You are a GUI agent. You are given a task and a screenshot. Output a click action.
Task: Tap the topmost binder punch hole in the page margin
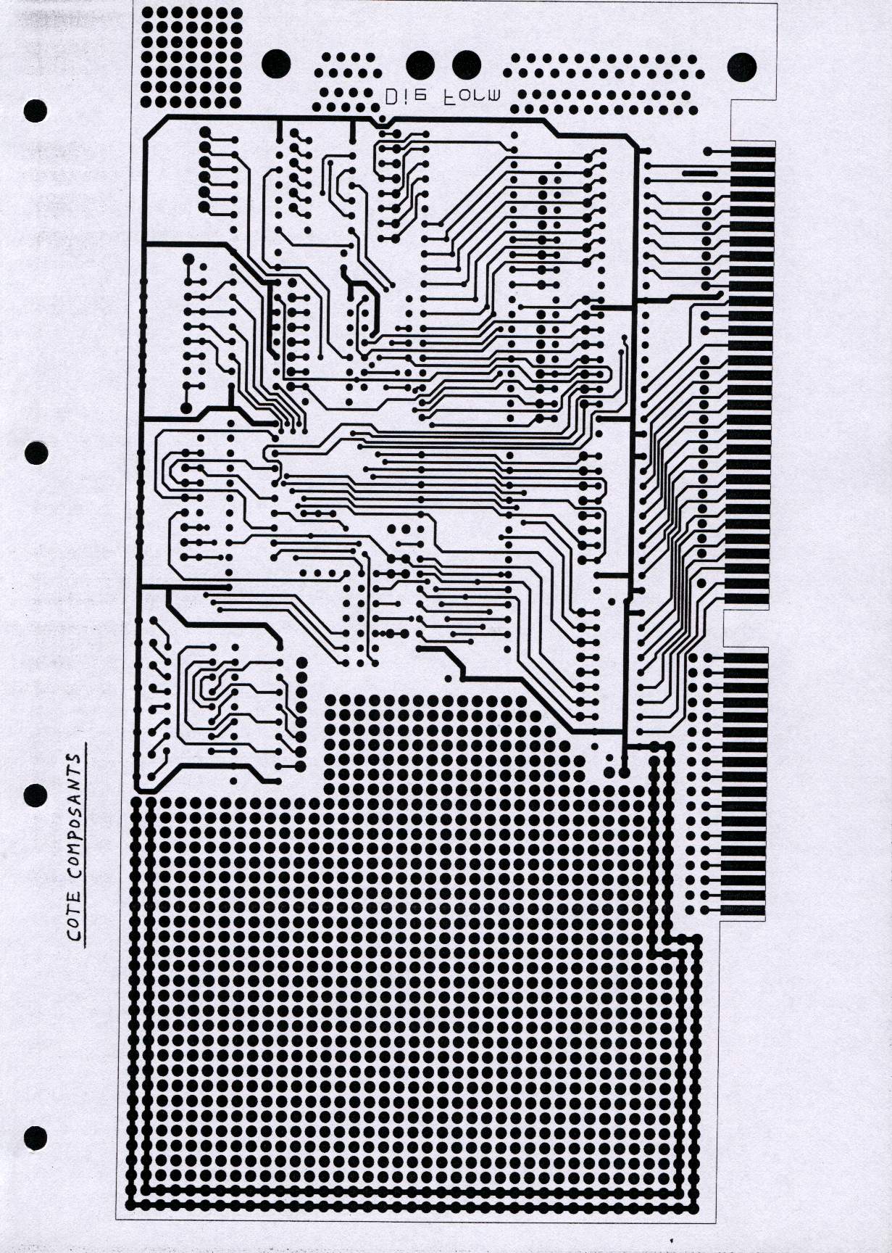tap(36, 110)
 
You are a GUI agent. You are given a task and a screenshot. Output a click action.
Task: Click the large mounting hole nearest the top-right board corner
tap(741, 67)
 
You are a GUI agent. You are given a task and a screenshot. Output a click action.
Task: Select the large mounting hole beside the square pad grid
tap(275, 65)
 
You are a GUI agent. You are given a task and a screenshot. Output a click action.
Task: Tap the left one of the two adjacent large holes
tap(421, 65)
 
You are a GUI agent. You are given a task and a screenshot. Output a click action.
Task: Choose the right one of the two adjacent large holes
tap(466, 65)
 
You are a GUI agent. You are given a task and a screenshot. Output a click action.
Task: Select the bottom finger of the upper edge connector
tap(746, 600)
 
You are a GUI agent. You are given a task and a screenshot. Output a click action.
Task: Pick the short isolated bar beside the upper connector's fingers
tap(696, 174)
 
